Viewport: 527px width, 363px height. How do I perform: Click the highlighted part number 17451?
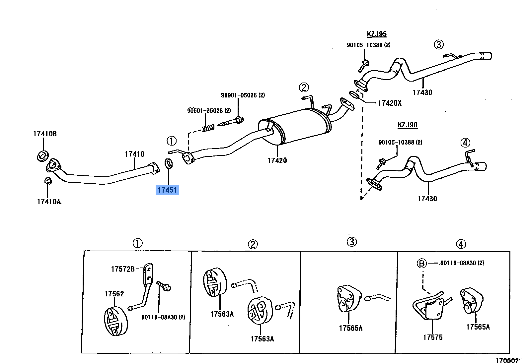pyautogui.click(x=167, y=190)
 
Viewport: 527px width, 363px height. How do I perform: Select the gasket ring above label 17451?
pyautogui.click(x=169, y=163)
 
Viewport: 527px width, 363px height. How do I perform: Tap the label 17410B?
pyautogui.click(x=45, y=134)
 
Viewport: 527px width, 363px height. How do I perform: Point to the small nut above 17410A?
pyautogui.click(x=48, y=181)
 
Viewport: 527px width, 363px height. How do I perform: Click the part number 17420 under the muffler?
pyautogui.click(x=277, y=160)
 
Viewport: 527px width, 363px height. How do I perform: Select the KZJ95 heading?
pyautogui.click(x=377, y=34)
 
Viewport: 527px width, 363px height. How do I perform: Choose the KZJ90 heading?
pyautogui.click(x=408, y=125)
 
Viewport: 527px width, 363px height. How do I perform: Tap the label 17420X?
pyautogui.click(x=390, y=103)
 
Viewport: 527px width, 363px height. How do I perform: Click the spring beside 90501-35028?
pyautogui.click(x=208, y=127)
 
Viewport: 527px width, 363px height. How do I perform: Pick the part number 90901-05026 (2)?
pyautogui.click(x=243, y=95)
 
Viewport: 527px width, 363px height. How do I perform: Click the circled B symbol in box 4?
pyautogui.click(x=421, y=263)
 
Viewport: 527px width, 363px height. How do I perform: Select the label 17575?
pyautogui.click(x=433, y=337)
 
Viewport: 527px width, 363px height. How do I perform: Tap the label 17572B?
pyautogui.click(x=123, y=269)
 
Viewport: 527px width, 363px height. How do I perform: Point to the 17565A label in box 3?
pyautogui.click(x=350, y=328)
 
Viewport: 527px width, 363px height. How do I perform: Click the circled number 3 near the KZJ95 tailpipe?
pyautogui.click(x=439, y=44)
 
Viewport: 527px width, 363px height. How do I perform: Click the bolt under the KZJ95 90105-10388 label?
pyautogui.click(x=364, y=65)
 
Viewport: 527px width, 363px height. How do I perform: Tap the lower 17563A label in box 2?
pyautogui.click(x=262, y=339)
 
